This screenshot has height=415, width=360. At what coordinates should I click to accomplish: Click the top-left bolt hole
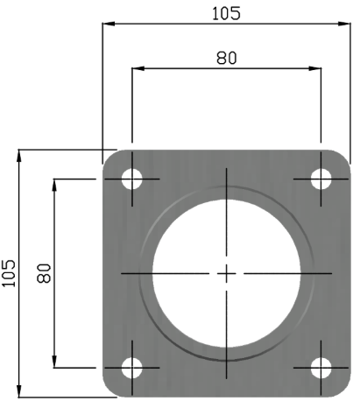coord(131,179)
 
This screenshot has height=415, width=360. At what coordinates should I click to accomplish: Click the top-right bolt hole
coord(321,179)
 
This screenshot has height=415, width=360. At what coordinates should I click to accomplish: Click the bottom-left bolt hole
coord(131,368)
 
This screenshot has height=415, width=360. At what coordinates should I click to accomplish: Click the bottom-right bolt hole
coord(321,368)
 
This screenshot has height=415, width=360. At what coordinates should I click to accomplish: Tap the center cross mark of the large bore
coord(226,274)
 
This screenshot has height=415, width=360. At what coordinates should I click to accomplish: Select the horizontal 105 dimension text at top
coord(226,12)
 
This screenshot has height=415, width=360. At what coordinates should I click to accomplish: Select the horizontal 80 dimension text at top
coord(226,58)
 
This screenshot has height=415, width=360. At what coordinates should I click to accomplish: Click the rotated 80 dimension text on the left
coord(43,274)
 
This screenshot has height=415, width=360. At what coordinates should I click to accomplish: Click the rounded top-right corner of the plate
coord(342,158)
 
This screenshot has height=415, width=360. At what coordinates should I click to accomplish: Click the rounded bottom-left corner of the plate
coord(110,390)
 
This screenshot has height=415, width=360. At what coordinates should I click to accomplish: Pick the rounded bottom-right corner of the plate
coord(342,390)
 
